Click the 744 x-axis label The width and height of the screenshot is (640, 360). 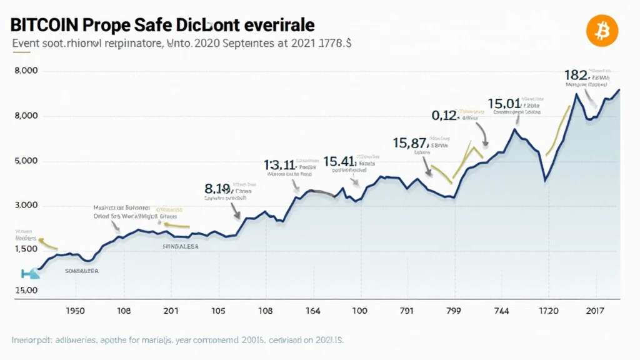coord(501,311)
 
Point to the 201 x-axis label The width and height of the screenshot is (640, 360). coord(171,311)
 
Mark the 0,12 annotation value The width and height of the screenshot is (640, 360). coord(444,115)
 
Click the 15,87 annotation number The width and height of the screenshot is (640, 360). coord(410,143)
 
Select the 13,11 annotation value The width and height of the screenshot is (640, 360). coord(279,165)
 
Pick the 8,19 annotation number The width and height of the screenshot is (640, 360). coord(218,188)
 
